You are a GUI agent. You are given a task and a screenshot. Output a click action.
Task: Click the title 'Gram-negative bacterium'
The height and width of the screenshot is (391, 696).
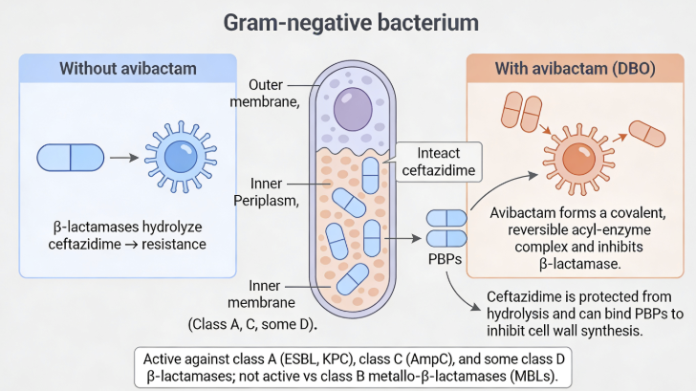pos(348,21)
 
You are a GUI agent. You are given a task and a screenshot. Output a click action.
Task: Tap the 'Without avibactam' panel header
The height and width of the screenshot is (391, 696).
pos(128,69)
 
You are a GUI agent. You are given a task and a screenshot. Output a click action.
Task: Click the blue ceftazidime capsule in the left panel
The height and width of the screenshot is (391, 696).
pos(70,157)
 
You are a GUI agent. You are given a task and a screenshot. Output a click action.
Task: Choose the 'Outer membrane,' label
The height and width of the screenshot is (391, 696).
pos(272,94)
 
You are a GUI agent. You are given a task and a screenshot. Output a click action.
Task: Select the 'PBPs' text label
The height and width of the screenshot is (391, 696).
pos(446,258)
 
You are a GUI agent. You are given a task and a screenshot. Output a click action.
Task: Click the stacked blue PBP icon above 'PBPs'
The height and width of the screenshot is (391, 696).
pos(446,228)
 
